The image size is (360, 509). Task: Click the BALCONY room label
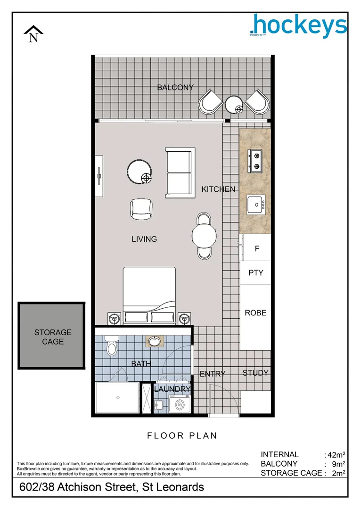(x=175, y=87)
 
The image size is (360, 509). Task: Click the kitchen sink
(x=256, y=204)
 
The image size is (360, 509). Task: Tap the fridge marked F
(x=256, y=248)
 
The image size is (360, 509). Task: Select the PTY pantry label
(x=256, y=273)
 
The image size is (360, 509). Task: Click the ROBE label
(x=255, y=312)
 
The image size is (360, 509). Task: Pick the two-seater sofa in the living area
(x=180, y=173)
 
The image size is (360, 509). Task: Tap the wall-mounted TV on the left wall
(x=99, y=176)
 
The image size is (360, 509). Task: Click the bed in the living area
(x=150, y=295)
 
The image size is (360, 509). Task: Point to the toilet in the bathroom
(x=111, y=346)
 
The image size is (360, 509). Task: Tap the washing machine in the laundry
(x=180, y=403)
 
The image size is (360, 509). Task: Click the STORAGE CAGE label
(x=53, y=337)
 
